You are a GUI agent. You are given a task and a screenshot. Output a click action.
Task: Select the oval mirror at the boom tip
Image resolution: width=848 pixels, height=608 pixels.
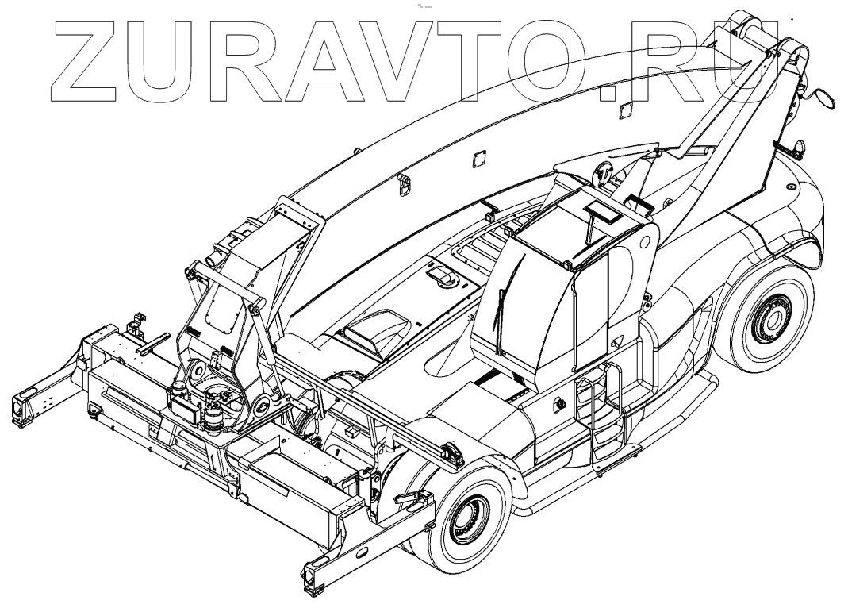[x=825, y=98]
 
